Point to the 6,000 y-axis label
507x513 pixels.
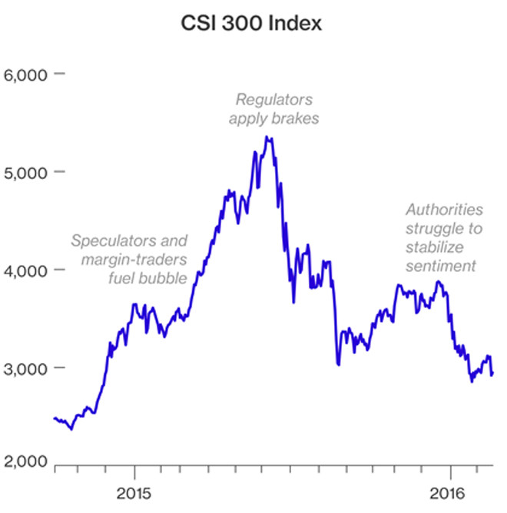pyautogui.click(x=25, y=74)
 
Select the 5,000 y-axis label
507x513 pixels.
pyautogui.click(x=25, y=172)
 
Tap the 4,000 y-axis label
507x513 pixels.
pyautogui.click(x=25, y=270)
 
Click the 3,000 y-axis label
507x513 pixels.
pyautogui.click(x=25, y=368)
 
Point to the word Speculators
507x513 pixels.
pyautogui.click(x=108, y=240)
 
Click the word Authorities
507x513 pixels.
pyautogui.click(x=445, y=210)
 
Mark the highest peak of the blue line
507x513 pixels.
pyautogui.click(x=266, y=137)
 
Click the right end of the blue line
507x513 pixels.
pyautogui.click(x=493, y=374)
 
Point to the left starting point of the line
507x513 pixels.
pyautogui.click(x=54, y=418)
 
